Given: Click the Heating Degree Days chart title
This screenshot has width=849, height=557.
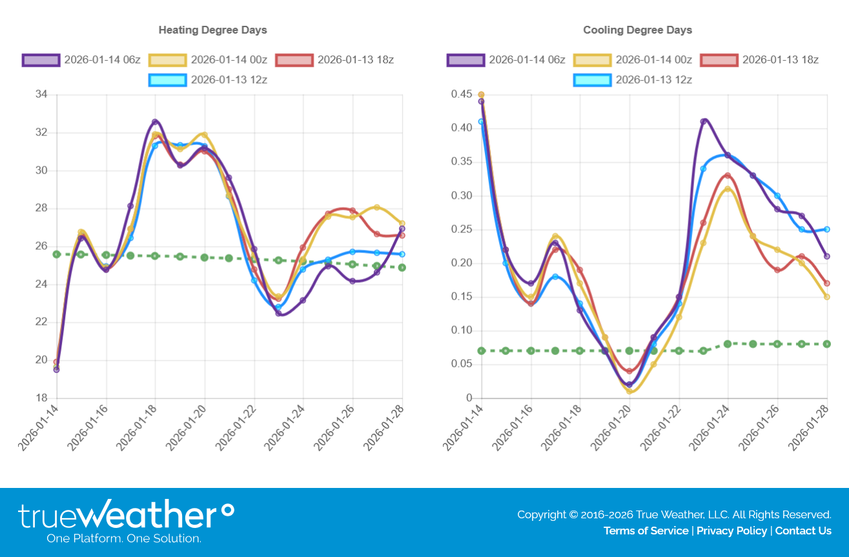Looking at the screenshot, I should click(x=212, y=30).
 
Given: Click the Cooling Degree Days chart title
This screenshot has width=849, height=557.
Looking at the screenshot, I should click(x=637, y=30).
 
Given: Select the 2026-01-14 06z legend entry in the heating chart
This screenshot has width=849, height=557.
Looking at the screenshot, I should click(x=81, y=60).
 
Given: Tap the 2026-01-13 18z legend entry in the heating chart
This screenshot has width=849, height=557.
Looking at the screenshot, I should click(x=334, y=60).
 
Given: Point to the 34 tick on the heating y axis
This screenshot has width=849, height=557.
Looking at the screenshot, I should click(x=41, y=95).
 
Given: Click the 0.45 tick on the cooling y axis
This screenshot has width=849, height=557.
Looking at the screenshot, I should click(x=462, y=95).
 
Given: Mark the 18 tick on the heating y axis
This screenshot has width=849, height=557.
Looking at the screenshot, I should click(x=41, y=398).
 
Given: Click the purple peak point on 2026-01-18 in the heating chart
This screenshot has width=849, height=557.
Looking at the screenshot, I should click(x=155, y=121).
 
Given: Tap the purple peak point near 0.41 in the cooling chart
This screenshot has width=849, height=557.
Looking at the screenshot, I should click(x=704, y=121).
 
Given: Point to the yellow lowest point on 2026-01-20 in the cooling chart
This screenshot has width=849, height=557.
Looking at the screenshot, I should click(x=629, y=391).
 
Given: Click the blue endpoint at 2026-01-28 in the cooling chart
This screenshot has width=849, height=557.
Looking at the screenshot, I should click(x=827, y=229).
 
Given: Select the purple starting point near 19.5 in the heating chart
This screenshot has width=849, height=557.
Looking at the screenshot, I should click(x=57, y=370).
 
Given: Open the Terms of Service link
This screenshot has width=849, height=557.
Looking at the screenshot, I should click(x=646, y=531).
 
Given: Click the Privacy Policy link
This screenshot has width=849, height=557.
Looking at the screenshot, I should click(x=731, y=531).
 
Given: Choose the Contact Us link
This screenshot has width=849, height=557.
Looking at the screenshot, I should click(x=803, y=531).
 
